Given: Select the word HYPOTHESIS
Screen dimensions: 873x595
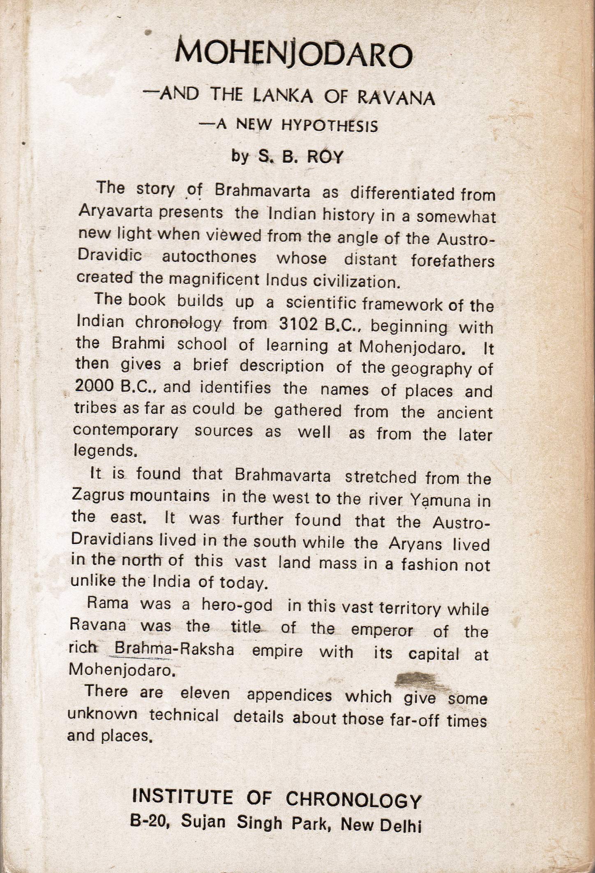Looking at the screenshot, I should (330, 125).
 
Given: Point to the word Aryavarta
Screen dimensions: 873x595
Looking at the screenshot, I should (110, 212).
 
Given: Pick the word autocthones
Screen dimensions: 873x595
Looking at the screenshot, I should (209, 257).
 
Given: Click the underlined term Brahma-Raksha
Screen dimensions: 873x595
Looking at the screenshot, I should (174, 649).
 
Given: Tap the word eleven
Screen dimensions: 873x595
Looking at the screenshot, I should (205, 694).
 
